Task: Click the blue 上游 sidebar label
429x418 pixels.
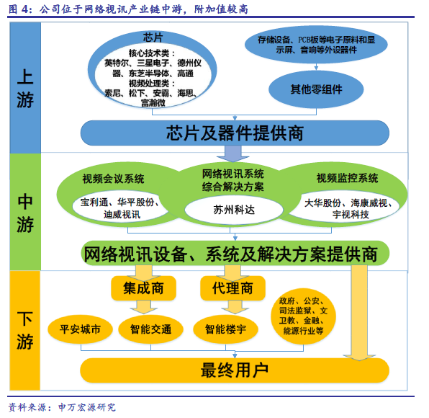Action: [25, 88]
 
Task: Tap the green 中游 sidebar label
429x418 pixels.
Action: [25, 213]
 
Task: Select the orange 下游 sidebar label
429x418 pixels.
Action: [25, 330]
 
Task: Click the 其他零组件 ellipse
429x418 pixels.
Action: [316, 89]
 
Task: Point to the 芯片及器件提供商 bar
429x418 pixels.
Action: [235, 133]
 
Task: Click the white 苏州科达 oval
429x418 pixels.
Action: [234, 210]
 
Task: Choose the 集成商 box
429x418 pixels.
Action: [143, 288]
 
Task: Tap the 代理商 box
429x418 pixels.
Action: [232, 288]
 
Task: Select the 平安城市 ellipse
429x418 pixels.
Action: [80, 329]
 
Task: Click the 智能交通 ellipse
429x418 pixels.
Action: [150, 329]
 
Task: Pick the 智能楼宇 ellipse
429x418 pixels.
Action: [226, 329]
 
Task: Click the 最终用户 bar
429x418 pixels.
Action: [235, 370]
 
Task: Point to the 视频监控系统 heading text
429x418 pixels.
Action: [347, 178]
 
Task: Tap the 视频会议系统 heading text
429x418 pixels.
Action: [113, 179]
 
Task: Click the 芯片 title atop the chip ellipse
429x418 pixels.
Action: [153, 37]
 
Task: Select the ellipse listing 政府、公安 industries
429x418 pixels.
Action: [303, 316]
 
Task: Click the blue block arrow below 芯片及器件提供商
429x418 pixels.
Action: [232, 154]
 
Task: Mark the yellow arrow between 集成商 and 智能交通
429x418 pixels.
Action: [144, 307]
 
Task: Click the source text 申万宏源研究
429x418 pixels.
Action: [87, 407]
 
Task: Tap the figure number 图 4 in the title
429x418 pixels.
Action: [18, 9]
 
